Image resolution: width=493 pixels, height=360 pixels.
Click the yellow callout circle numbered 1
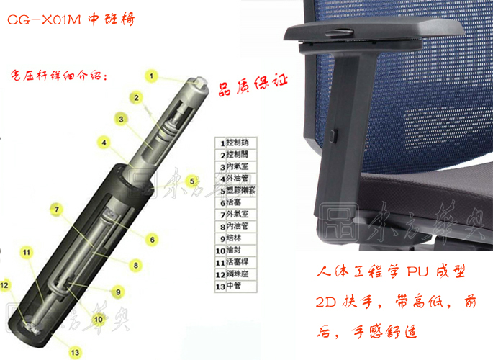152,75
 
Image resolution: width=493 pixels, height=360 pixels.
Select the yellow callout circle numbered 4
104,143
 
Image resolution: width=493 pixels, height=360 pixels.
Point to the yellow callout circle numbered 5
191,180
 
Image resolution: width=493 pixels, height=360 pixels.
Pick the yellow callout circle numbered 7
55,210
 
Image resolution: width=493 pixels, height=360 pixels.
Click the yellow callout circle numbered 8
135,265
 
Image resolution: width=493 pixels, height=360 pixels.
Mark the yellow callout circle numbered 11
27,252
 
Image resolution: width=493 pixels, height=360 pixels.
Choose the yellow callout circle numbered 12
5,285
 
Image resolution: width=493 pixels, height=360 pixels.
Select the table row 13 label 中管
235,286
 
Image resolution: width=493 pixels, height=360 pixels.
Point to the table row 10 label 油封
235,251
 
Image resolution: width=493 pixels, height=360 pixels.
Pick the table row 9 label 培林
235,239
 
